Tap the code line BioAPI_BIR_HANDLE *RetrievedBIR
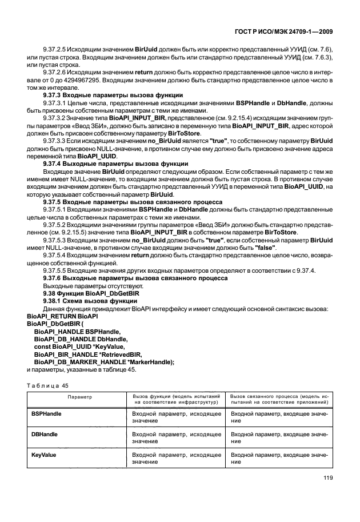[87, 354]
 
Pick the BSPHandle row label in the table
[46, 413]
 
